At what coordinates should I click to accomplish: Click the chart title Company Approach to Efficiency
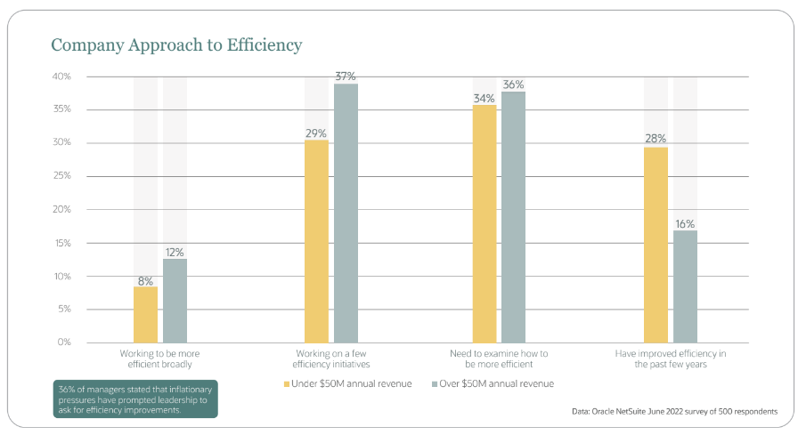[176, 44]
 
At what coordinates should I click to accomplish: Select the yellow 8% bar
[145, 314]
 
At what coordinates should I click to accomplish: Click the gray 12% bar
[175, 300]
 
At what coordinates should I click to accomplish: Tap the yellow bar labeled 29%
[316, 241]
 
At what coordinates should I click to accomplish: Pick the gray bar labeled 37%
[346, 213]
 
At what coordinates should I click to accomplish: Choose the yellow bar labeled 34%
[484, 223]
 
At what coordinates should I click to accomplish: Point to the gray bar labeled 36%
[513, 217]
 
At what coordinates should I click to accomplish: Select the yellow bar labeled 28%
[655, 245]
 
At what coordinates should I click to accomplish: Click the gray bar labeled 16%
[685, 286]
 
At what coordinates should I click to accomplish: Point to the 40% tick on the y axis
[61, 77]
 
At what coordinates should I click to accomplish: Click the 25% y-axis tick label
[61, 176]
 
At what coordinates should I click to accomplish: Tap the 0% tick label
[65, 342]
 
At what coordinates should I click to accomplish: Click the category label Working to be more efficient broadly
[160, 358]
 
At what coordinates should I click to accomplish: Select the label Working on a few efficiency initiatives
[331, 358]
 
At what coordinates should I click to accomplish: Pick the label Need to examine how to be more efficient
[500, 358]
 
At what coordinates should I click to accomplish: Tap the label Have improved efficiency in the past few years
[670, 358]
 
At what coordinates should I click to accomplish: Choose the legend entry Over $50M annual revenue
[493, 383]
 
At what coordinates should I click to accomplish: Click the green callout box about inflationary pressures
[134, 399]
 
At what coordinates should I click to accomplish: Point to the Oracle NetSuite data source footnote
[674, 411]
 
